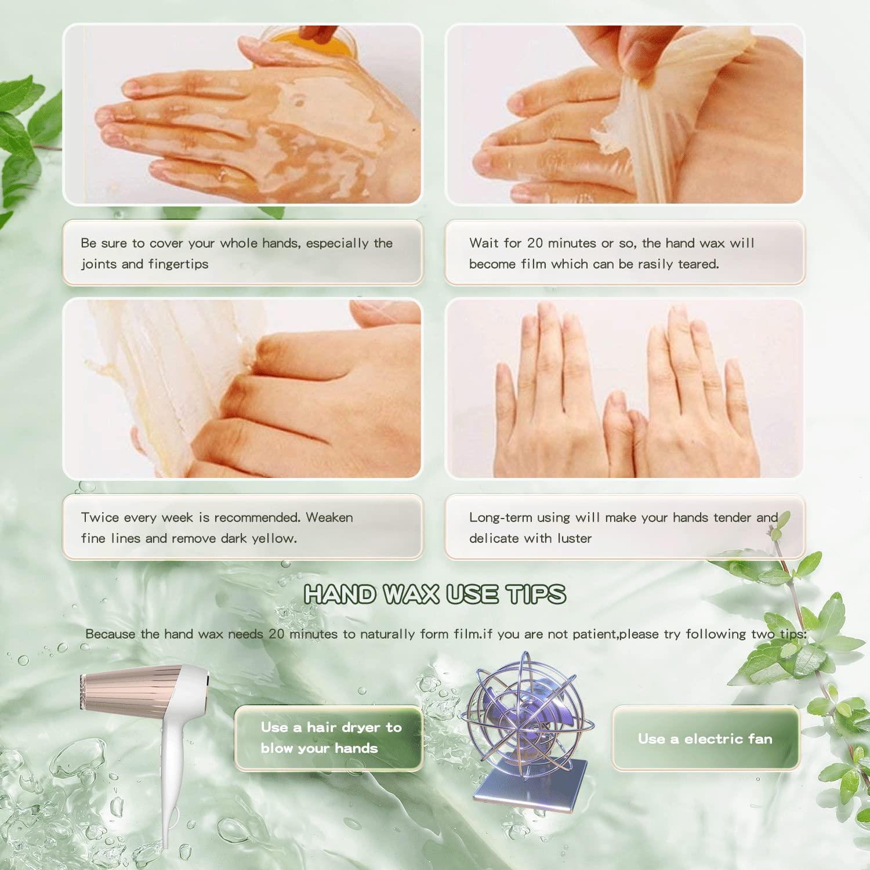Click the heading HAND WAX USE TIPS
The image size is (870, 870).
434,594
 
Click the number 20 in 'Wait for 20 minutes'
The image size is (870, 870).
535,243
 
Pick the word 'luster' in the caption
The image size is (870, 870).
574,538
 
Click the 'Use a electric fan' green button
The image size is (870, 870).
705,738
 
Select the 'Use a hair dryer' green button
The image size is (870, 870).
329,738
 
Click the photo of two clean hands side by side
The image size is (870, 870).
624,389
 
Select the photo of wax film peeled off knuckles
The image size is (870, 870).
242,389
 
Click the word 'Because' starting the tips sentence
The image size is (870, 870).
110,634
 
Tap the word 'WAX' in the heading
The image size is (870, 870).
411,594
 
